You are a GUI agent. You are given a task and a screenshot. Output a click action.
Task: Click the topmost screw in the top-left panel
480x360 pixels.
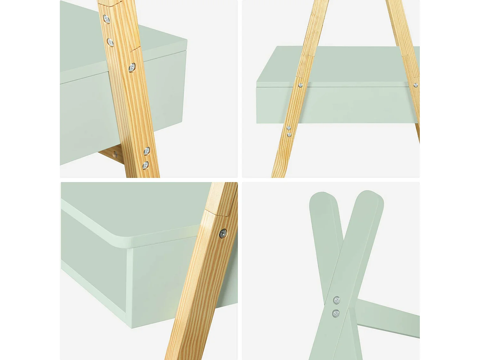tap(106, 20)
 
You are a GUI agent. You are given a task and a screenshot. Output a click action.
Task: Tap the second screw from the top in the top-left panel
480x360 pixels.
tap(110, 42)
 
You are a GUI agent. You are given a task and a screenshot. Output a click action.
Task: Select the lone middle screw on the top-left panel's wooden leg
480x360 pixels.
tap(132, 68)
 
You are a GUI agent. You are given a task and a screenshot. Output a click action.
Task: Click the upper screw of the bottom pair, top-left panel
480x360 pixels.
tap(147, 151)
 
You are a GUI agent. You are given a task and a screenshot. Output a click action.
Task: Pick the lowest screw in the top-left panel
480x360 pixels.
tap(145, 165)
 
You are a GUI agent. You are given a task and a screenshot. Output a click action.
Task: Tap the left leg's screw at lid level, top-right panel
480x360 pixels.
tap(300, 85)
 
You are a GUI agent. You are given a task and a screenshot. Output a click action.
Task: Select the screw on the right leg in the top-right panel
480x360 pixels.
tap(415, 85)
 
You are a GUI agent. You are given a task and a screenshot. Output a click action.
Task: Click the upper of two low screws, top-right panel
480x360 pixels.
tap(289, 128)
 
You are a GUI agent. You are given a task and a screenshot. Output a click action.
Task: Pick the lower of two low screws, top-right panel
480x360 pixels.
tap(289, 135)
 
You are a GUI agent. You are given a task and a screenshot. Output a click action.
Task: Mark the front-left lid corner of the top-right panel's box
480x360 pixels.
tap(257, 84)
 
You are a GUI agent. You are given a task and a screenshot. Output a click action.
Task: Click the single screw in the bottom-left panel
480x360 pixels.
tap(223, 234)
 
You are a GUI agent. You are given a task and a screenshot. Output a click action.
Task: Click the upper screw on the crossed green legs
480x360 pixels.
tap(336, 300)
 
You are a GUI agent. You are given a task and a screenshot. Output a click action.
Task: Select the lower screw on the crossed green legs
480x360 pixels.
tap(335, 313)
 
